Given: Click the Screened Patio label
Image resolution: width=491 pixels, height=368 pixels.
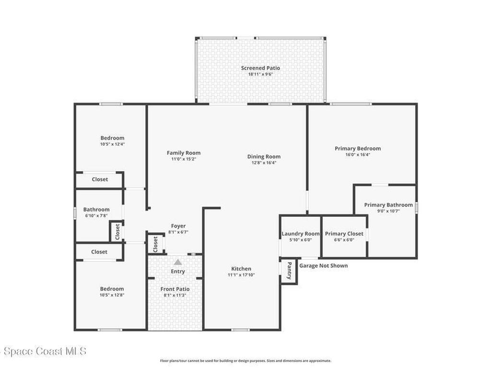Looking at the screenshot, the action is point(260,68).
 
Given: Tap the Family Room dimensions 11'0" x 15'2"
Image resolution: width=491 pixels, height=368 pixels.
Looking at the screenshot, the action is point(184,159).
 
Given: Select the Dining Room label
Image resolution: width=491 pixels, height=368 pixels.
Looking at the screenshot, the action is point(264,157).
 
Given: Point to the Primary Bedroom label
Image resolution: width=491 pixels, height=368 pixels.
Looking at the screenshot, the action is point(358,149).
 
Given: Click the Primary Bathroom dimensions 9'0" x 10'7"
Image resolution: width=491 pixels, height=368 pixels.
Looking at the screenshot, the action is point(388,211).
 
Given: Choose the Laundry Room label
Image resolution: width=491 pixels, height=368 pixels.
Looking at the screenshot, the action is point(301,234).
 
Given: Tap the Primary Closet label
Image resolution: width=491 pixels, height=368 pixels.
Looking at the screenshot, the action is point(344,234).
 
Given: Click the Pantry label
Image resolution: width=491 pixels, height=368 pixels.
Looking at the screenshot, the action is point(289,271).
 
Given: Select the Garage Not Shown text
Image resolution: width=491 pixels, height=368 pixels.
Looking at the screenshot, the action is point(324,265).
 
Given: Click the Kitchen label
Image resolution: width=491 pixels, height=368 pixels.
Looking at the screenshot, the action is point(241,268).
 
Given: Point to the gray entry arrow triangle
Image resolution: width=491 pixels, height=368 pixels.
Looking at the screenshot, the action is point(178,262).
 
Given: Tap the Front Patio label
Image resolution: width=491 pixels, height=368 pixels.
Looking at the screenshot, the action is point(175,289).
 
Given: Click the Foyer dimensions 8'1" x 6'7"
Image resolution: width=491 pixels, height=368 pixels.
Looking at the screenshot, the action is point(178,232).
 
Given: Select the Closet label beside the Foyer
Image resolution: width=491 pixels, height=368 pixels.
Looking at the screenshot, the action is point(156,244).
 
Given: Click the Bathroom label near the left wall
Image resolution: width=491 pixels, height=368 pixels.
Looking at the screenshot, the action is point(96,209).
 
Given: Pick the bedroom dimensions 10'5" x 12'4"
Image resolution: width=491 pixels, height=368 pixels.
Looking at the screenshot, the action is point(112,144).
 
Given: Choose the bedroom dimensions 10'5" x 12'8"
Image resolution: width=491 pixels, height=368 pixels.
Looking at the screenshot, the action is point(112,295).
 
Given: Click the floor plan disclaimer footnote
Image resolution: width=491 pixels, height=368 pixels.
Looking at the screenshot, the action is point(245,361).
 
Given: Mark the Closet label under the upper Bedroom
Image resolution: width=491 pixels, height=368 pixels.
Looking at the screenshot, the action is point(100,179).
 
